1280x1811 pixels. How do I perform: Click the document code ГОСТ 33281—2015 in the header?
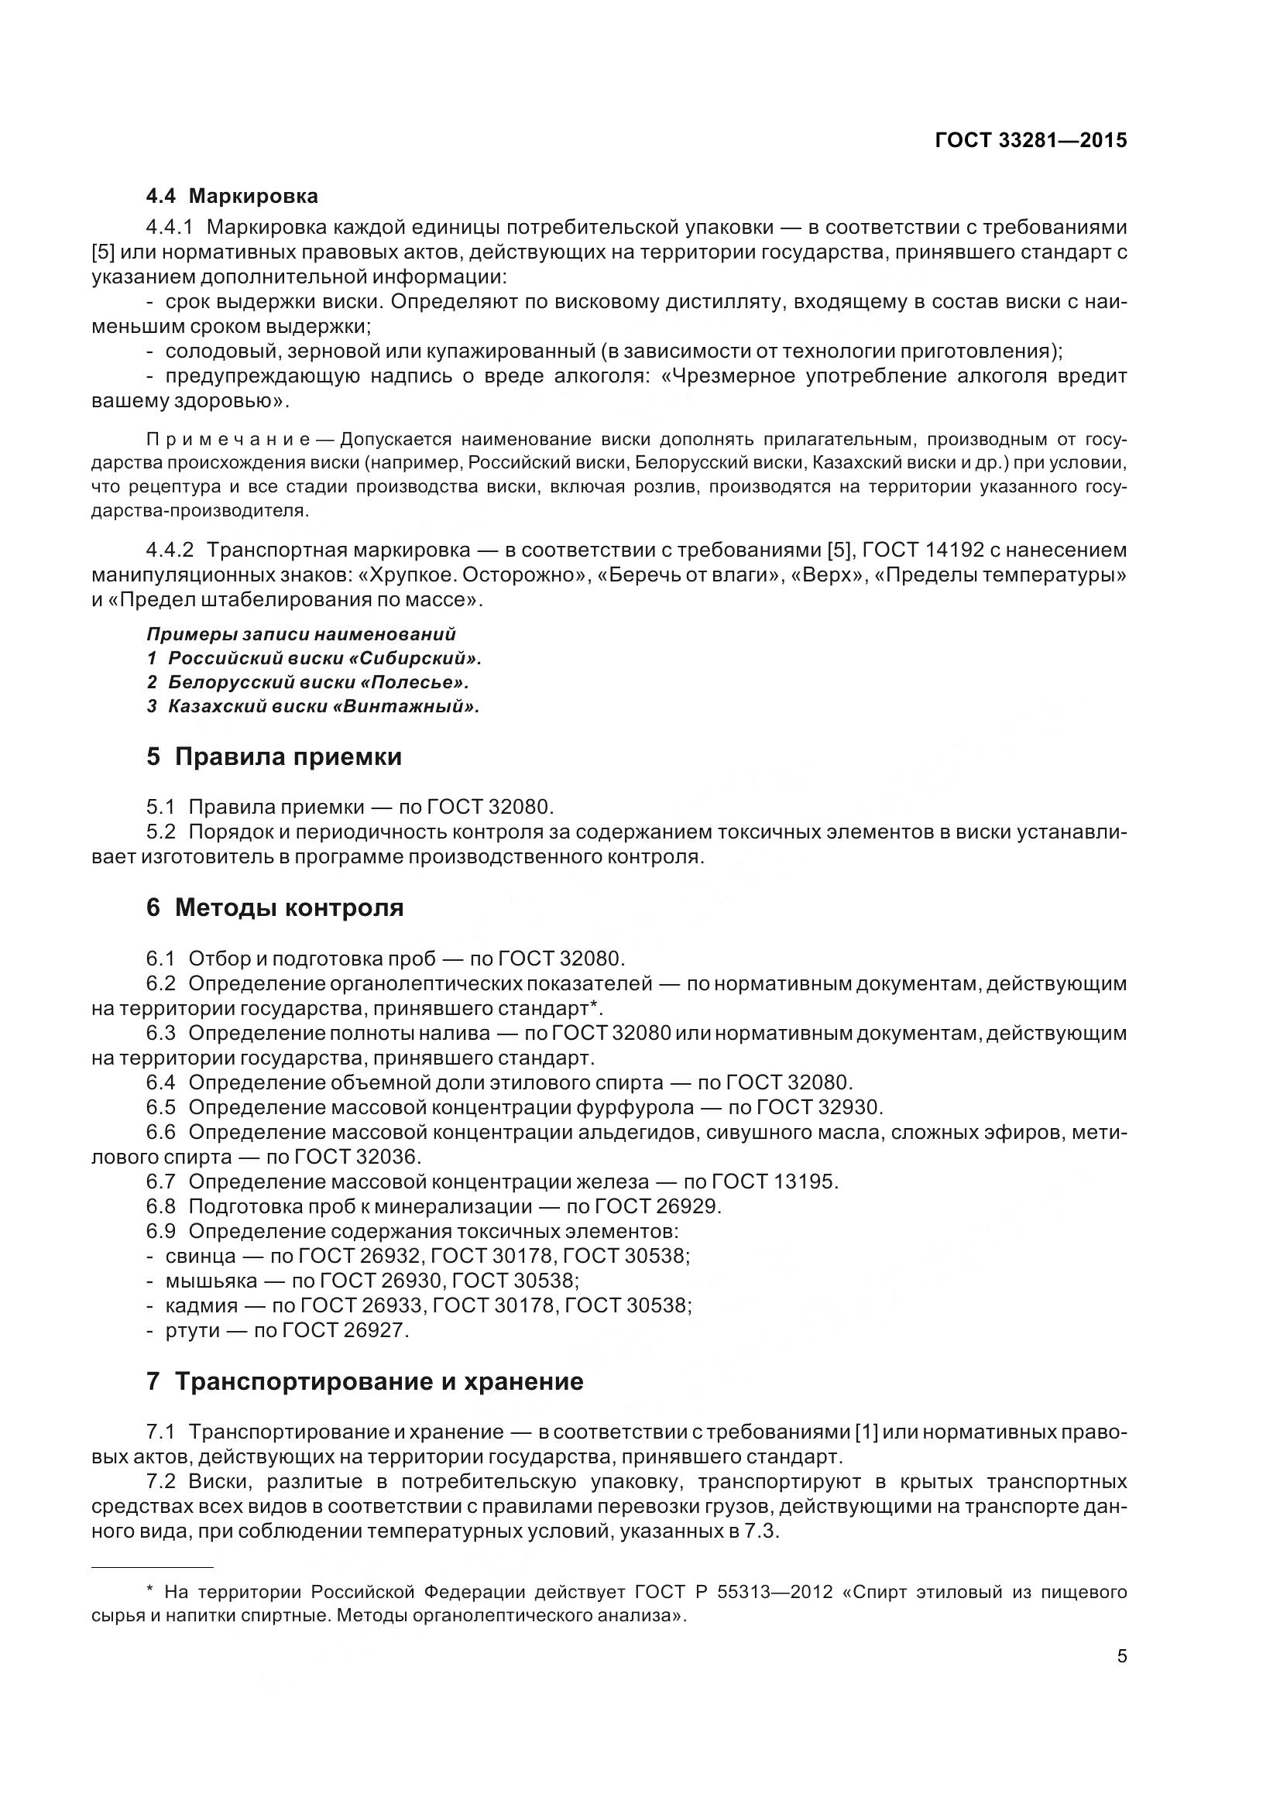tap(1030, 140)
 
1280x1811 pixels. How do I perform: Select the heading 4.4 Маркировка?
tap(232, 196)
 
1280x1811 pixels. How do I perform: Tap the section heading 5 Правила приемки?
tap(273, 756)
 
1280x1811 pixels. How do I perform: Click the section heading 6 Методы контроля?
tap(274, 908)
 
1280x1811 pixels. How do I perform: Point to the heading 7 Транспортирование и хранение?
tap(365, 1381)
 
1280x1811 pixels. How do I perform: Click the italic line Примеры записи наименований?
tap(301, 634)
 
